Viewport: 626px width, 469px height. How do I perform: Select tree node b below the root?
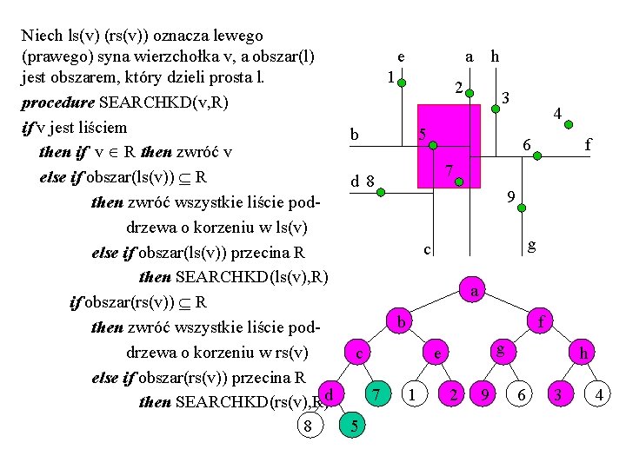tap(400, 321)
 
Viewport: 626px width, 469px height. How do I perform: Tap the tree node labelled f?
tap(540, 321)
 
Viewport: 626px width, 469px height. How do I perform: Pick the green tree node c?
tap(358, 354)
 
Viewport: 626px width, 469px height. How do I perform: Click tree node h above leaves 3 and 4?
tap(583, 354)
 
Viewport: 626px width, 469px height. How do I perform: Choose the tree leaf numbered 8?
tap(308, 424)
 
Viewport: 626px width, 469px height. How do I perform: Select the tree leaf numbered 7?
tap(376, 395)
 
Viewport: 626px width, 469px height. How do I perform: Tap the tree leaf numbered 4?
tap(599, 395)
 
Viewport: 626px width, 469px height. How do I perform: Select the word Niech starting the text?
tap(41, 36)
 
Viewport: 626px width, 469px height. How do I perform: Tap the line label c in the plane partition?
tap(427, 250)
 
